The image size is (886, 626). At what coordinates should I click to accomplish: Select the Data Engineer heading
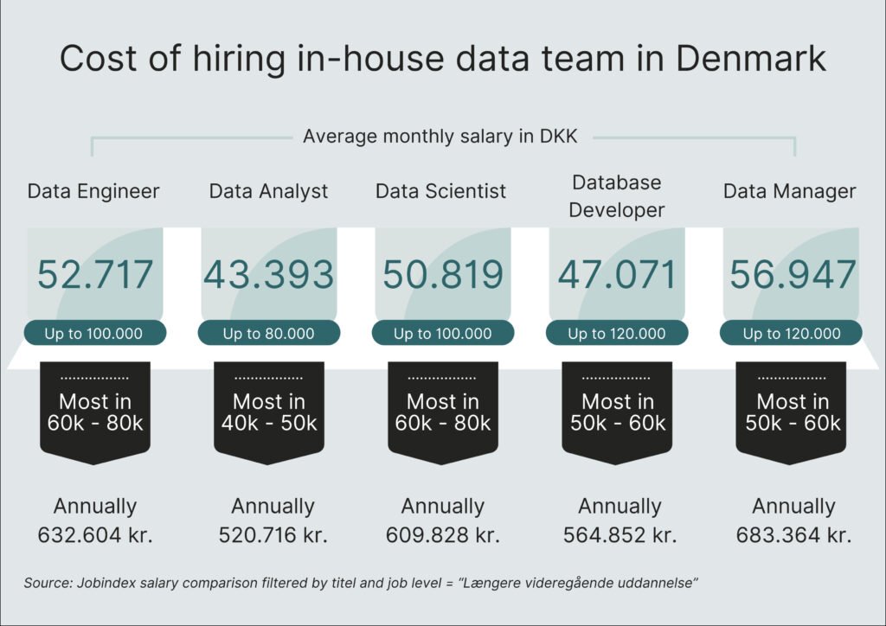(93, 191)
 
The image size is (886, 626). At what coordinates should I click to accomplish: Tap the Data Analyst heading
(269, 191)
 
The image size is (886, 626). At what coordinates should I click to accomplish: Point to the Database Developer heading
(617, 196)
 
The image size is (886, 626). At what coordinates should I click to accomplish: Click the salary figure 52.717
(95, 274)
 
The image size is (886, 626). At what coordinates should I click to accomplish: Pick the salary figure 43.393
(269, 274)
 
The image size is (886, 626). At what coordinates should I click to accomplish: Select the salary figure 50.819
(443, 274)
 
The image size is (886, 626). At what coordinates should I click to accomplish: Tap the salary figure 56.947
(793, 274)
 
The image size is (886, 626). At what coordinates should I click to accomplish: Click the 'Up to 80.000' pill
(269, 333)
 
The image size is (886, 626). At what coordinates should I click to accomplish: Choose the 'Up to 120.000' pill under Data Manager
(791, 333)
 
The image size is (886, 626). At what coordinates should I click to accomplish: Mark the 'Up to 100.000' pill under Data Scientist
(443, 333)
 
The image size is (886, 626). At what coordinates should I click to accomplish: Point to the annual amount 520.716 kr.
(273, 534)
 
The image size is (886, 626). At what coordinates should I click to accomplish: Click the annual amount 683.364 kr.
(793, 534)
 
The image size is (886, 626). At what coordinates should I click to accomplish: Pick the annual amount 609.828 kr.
(443, 534)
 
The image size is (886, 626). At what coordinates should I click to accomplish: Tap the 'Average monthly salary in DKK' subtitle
(442, 137)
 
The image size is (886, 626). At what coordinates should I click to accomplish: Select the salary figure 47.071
(617, 274)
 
